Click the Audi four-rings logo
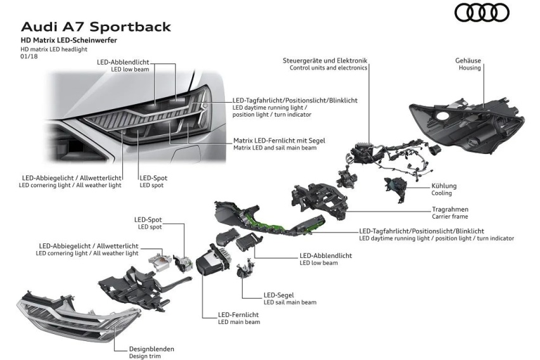coord(482,13)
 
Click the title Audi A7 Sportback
coord(96,27)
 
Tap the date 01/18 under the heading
coord(29,56)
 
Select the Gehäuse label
coord(468,61)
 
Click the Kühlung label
coord(444,186)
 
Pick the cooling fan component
coord(395,188)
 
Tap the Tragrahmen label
coord(450,209)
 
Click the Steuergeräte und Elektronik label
coord(325,61)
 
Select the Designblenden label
coord(151,349)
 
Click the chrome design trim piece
coord(79,315)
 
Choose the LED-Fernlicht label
coord(238,315)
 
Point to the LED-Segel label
coord(279,295)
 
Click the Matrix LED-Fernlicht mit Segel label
coord(279,141)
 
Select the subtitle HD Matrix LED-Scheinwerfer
coord(69,40)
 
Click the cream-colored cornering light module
coord(160,260)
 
